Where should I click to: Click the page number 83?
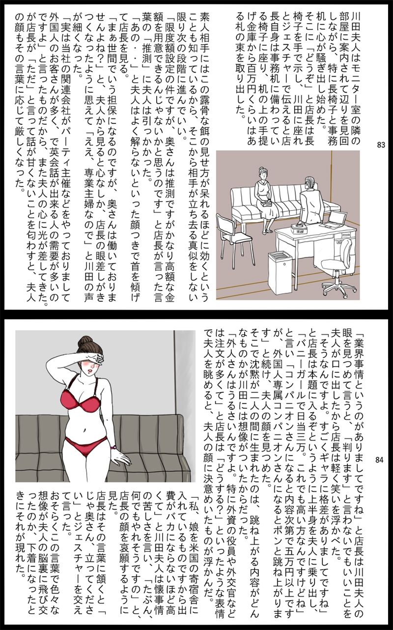381,144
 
